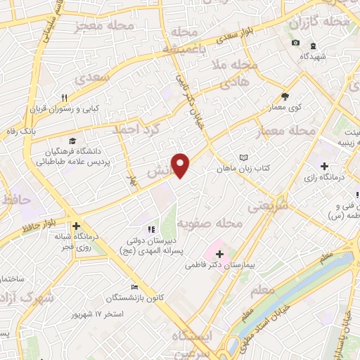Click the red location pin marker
tap(181, 165)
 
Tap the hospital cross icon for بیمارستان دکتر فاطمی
tap(219, 254)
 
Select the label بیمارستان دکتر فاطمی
tap(219, 266)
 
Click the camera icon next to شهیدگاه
tap(295, 44)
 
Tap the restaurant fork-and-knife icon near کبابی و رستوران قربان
tap(64, 98)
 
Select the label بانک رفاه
tap(40, 131)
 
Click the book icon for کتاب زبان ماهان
tap(243, 157)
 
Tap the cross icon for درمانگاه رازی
tap(323, 167)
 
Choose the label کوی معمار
tap(285, 108)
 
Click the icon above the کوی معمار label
tap(285, 96)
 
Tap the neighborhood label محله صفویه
tap(209, 224)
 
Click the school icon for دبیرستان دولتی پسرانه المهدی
tap(149, 229)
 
